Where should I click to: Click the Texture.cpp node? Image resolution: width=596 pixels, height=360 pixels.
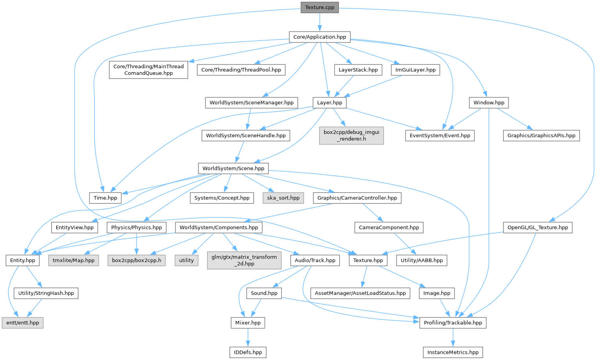point(320,7)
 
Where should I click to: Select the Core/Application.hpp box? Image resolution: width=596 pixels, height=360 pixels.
point(320,37)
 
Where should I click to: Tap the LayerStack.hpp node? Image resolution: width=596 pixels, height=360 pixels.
point(358,70)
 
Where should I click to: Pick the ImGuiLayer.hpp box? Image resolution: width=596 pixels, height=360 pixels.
point(415,70)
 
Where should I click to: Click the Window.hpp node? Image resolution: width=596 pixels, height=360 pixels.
point(489,103)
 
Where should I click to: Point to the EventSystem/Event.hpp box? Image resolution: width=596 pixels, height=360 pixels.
point(439,135)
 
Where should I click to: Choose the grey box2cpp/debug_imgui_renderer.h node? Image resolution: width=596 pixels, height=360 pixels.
point(351,135)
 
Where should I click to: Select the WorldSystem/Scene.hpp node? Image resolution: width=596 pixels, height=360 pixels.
point(233,168)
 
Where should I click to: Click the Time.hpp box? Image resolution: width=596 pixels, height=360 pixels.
point(105,198)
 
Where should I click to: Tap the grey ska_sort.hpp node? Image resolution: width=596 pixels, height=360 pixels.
point(283,198)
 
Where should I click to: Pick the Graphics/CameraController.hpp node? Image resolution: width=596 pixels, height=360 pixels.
point(357,198)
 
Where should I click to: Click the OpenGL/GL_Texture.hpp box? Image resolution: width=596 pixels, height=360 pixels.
point(537,227)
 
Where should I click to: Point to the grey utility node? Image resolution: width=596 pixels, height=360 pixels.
point(187,260)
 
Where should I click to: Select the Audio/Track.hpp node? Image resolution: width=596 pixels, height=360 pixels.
point(315,260)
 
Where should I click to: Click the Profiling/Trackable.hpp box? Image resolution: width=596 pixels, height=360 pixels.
point(453,323)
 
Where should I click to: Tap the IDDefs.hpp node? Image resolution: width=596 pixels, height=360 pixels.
point(248,352)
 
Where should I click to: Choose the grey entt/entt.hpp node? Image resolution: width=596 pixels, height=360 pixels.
point(23,323)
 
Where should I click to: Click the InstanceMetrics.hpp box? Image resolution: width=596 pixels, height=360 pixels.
point(453,352)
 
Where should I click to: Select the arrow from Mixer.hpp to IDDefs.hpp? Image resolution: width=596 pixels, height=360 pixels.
point(248,337)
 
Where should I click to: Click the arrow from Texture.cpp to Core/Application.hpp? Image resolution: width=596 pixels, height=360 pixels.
point(320,22)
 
